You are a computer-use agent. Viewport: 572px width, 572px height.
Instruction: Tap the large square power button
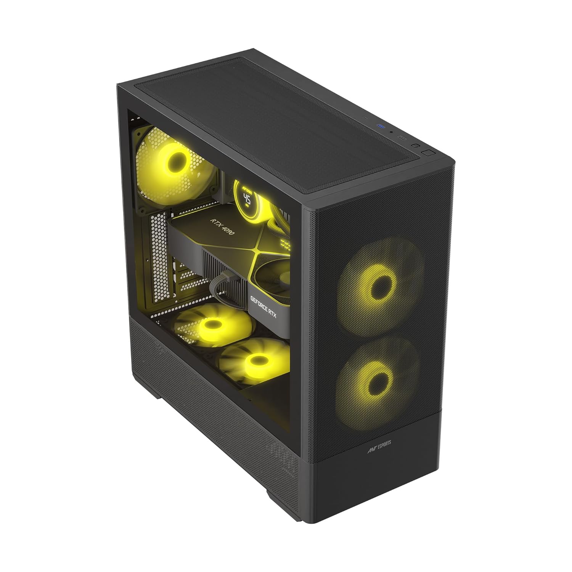click(428, 153)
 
